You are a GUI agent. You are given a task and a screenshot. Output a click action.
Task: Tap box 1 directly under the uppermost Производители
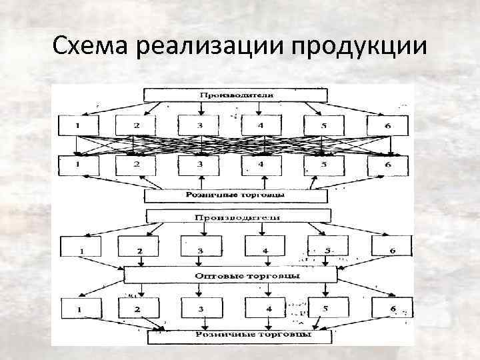point(77,125)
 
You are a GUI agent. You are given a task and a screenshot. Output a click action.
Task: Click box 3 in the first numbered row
point(199,125)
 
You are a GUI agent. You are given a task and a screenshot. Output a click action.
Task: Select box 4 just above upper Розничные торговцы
point(261,164)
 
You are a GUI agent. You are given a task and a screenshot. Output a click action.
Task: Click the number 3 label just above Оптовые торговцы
point(200,251)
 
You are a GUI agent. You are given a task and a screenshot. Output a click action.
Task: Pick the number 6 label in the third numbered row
point(393,251)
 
